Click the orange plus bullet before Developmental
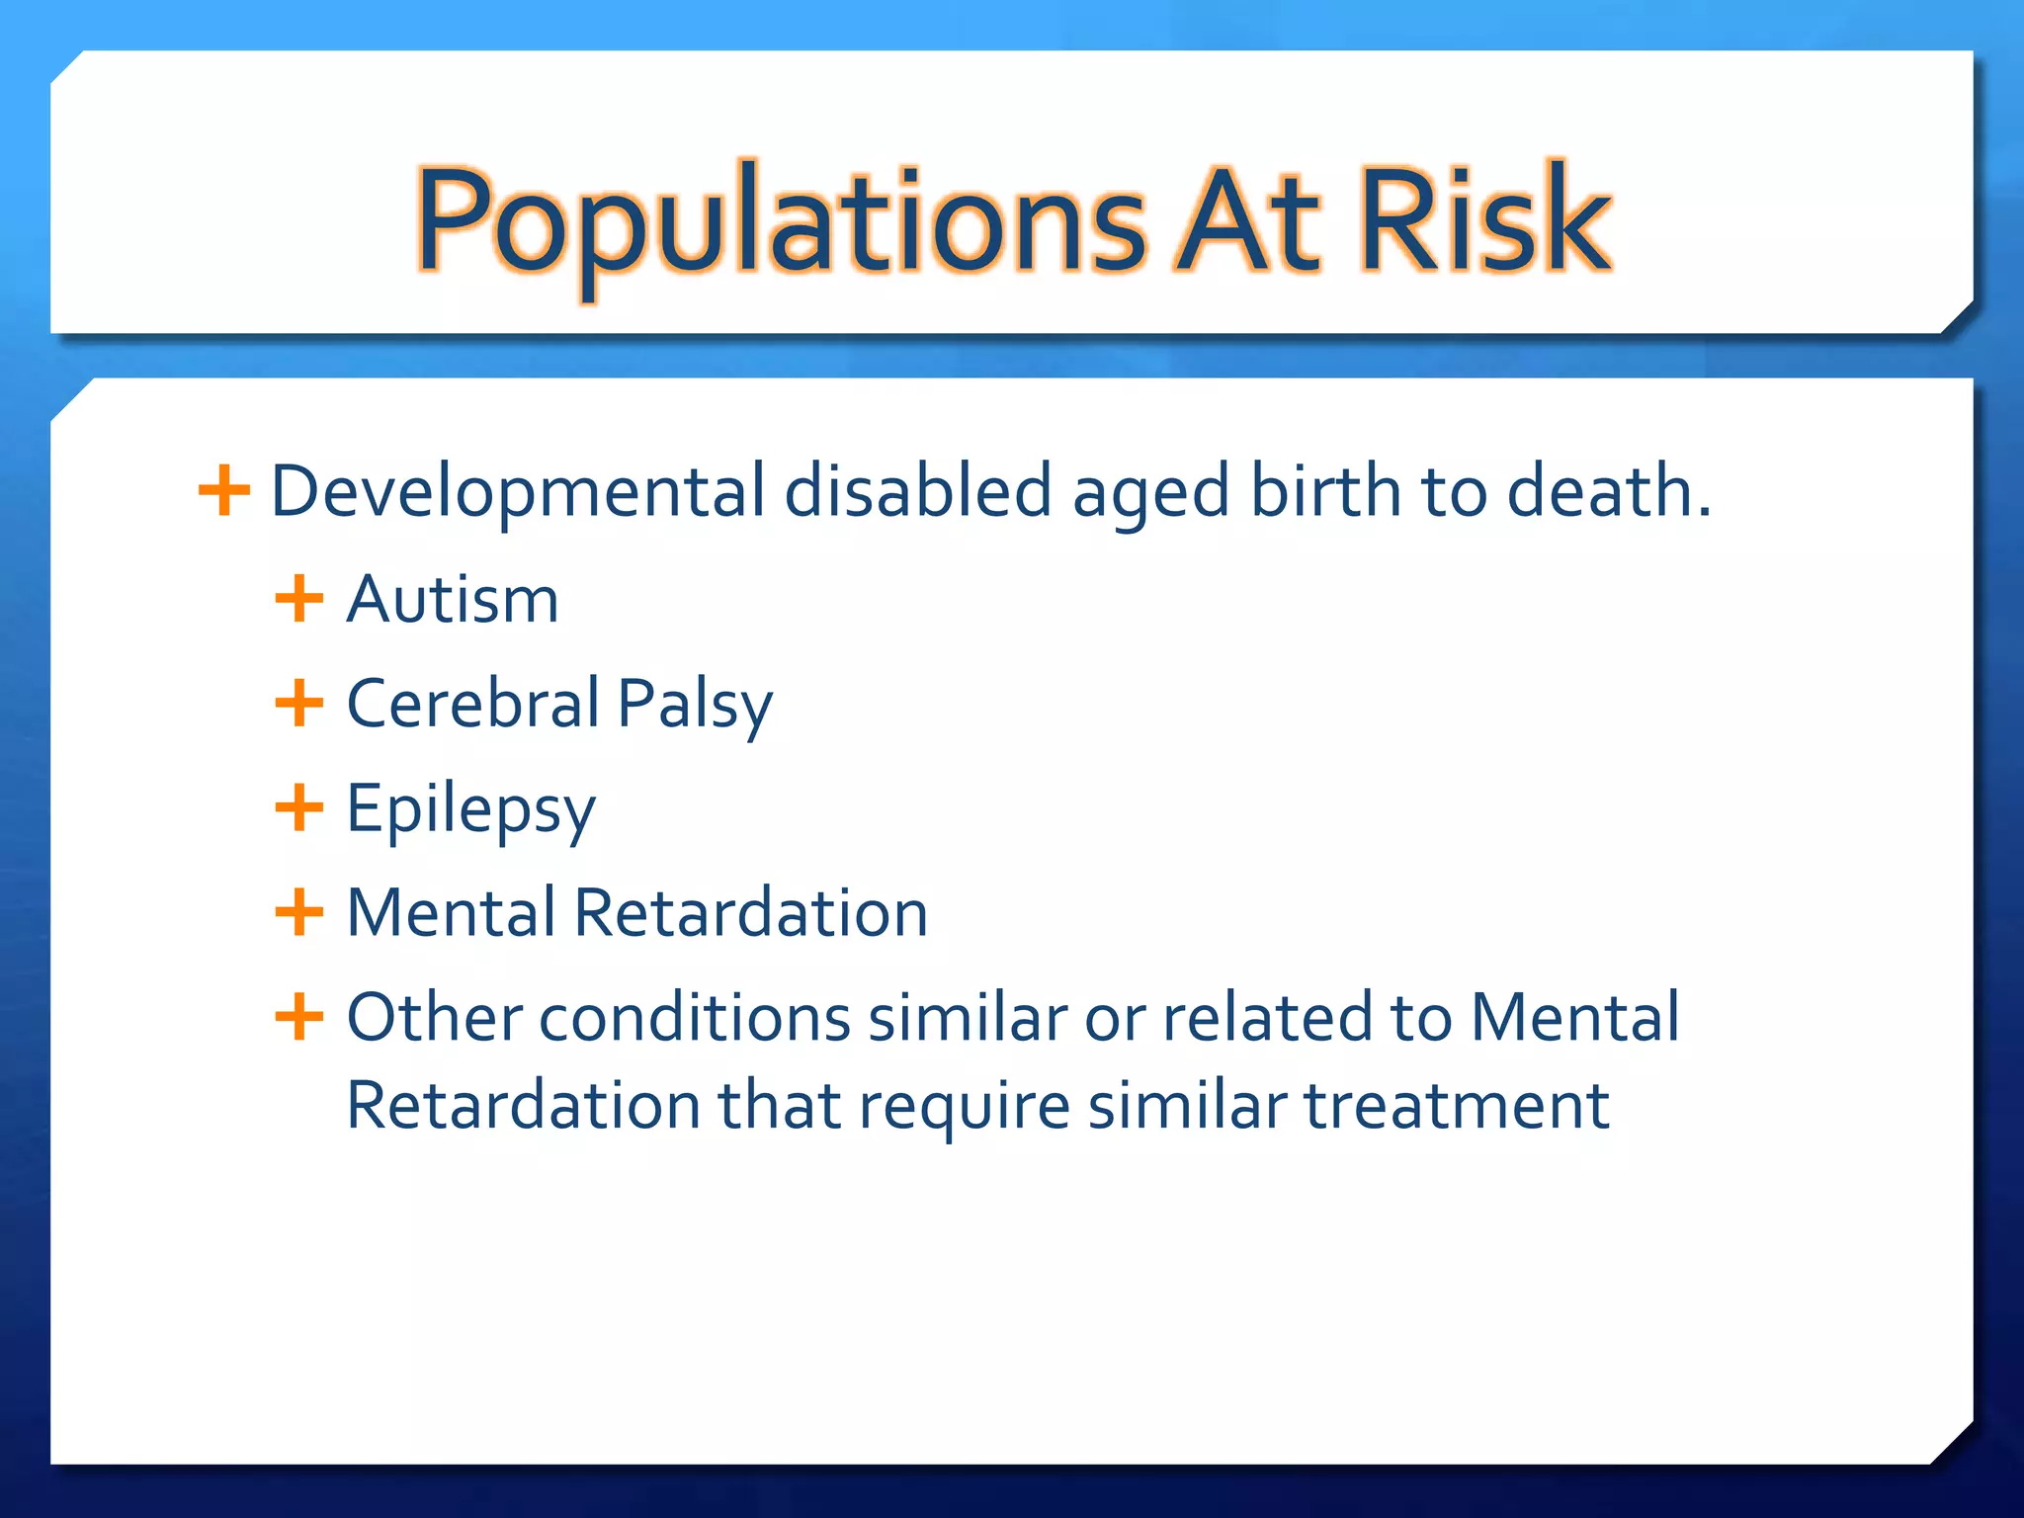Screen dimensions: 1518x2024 [224, 490]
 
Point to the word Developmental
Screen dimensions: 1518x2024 [517, 491]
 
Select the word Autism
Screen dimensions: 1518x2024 [453, 600]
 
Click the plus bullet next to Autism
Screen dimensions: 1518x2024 [298, 599]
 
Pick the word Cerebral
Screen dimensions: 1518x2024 [473, 704]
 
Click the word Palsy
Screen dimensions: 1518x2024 [695, 706]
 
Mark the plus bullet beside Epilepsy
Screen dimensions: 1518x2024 [298, 807]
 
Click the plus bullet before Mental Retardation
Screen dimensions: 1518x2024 [298, 912]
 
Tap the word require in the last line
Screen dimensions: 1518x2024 [964, 1108]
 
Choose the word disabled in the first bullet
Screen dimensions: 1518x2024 [917, 491]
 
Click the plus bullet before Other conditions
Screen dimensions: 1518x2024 [298, 1017]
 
